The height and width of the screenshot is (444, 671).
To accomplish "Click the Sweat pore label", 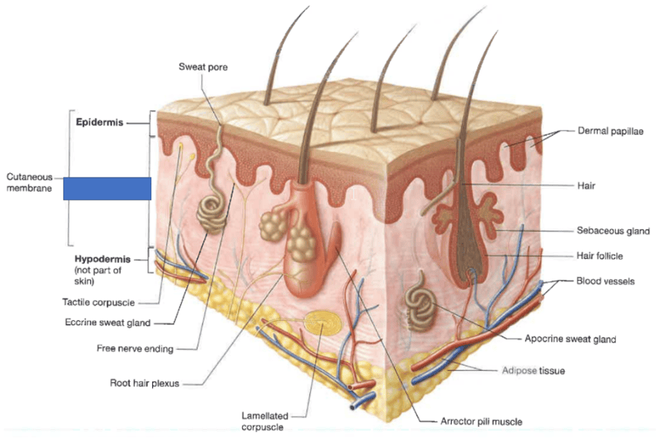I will tap(203, 67).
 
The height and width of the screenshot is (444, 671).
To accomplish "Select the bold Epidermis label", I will tap(99, 122).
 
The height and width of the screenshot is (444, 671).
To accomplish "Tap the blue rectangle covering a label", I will tap(107, 188).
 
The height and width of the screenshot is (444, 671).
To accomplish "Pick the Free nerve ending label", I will tap(133, 348).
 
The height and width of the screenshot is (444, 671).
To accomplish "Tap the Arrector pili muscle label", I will tap(482, 422).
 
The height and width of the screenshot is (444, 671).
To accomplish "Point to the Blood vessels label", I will tap(605, 281).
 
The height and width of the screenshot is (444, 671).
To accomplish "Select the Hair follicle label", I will tap(599, 256).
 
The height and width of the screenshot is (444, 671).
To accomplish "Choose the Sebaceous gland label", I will tap(613, 231).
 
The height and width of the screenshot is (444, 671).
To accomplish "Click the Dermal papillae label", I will tap(610, 131).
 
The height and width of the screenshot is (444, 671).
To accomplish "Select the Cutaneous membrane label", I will tap(30, 183).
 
